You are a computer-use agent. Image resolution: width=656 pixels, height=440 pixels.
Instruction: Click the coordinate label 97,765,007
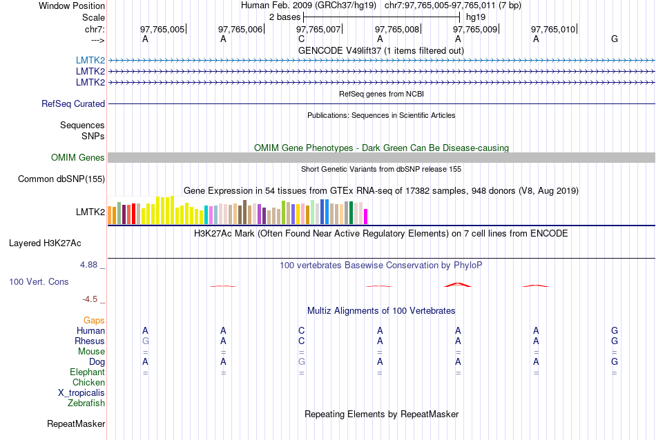[318, 29]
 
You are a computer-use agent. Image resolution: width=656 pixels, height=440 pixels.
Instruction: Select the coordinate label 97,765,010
[553, 29]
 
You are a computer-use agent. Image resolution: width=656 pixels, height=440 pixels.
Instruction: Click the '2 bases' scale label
[284, 17]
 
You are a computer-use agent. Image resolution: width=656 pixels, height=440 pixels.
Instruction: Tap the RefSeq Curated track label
[73, 103]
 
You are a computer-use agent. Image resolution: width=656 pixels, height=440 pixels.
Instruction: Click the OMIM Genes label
[78, 158]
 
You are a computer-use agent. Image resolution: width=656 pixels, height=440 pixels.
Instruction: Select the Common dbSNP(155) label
[61, 179]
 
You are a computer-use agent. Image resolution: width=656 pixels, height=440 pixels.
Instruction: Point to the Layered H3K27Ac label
[45, 243]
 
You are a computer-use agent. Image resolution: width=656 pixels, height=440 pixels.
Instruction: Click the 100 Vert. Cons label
[39, 282]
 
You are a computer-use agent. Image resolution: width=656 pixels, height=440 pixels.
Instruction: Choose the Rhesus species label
[90, 341]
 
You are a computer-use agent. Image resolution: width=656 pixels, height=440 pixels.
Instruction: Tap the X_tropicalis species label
[81, 392]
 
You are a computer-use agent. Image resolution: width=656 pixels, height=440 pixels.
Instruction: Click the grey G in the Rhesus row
[145, 341]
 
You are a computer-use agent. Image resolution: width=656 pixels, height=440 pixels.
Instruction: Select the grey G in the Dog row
[302, 361]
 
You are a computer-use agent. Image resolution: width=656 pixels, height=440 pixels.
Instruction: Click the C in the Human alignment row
[302, 331]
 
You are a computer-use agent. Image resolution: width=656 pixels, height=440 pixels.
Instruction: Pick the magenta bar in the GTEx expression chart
[366, 216]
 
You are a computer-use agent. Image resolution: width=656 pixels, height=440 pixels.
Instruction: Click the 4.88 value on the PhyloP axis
[90, 265]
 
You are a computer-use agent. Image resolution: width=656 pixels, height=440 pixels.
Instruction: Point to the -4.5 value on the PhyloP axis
[90, 299]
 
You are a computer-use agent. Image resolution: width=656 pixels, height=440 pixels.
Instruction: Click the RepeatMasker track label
[76, 423]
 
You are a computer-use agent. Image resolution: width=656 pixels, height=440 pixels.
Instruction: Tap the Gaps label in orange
[94, 321]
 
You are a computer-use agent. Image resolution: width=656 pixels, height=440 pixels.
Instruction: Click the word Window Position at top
[72, 6]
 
